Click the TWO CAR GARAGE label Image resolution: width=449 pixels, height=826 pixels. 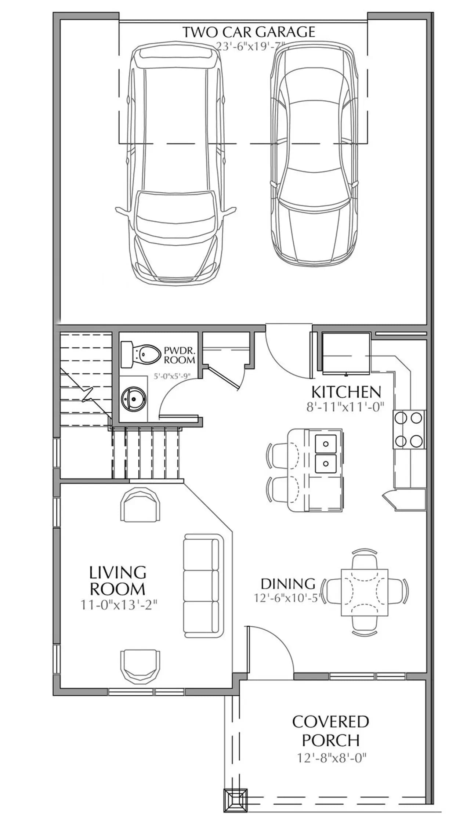[249, 32]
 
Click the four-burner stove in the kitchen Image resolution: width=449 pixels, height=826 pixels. [409, 429]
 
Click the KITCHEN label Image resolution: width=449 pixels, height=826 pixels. [346, 392]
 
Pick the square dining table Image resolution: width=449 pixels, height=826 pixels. [365, 592]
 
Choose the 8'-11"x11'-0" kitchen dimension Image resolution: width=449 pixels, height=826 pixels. [345, 406]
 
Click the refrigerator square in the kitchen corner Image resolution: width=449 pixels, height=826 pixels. [346, 354]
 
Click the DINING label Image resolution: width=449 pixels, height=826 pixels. [288, 584]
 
